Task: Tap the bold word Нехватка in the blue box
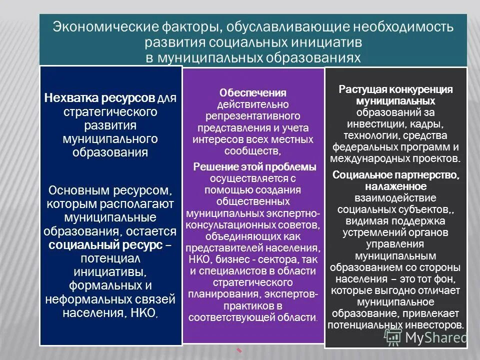tap(73, 96)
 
